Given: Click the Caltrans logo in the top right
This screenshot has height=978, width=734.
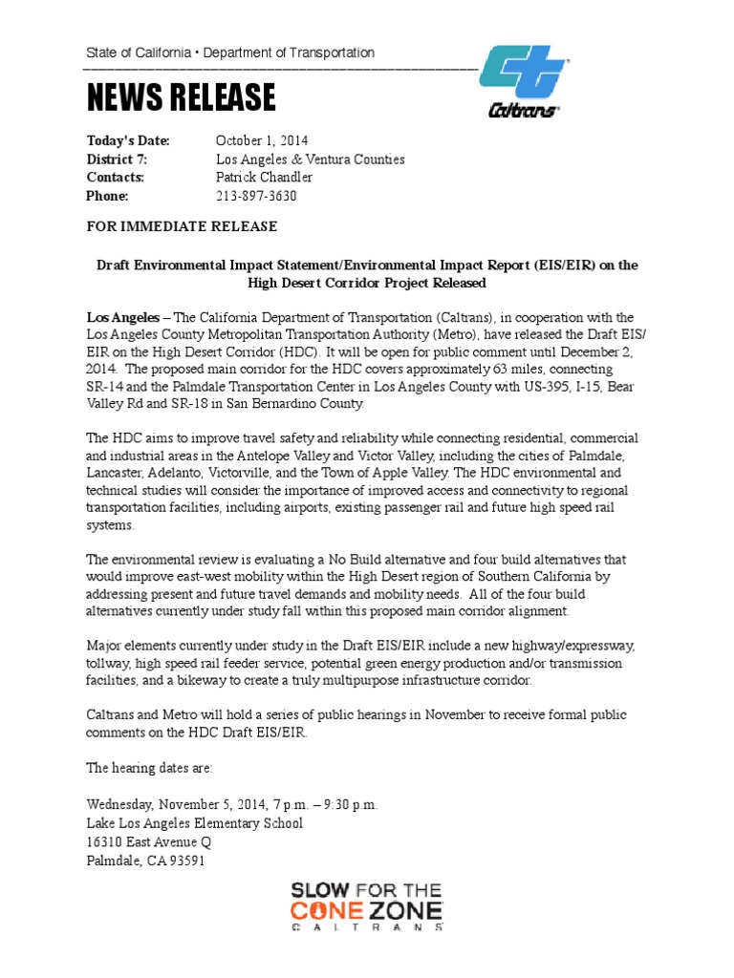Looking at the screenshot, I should [x=524, y=83].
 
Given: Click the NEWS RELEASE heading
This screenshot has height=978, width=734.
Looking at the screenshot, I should [x=182, y=97].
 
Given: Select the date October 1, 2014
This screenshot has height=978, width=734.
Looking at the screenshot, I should [x=262, y=140].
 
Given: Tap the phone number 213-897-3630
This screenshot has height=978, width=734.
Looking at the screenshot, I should [x=256, y=196].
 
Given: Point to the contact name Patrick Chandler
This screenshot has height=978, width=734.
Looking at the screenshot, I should [x=264, y=178].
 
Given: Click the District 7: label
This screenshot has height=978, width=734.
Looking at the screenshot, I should [x=117, y=159].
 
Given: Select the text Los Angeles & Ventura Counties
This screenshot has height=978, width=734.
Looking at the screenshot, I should [x=310, y=159].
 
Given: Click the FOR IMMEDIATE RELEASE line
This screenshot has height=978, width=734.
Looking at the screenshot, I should [x=182, y=226].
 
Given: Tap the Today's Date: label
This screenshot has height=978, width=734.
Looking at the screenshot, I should [x=128, y=140].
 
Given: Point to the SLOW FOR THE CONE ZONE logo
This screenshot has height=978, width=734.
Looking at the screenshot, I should [x=367, y=906].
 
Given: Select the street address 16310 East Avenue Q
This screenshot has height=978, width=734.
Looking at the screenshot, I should [x=149, y=841].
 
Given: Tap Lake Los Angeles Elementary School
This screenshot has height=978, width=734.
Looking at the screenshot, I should [x=195, y=823].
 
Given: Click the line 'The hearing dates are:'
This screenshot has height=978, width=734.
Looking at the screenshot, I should [x=150, y=767].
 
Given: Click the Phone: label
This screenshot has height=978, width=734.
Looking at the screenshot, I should [x=107, y=196].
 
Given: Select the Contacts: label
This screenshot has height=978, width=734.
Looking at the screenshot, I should [x=116, y=178].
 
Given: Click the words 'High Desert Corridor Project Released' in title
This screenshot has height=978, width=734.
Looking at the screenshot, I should [x=367, y=283].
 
